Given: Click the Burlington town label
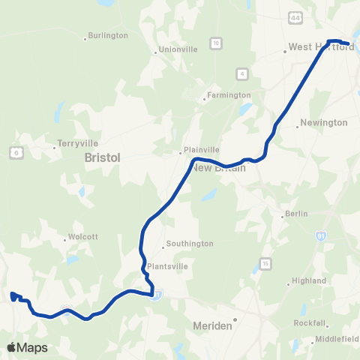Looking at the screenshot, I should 108,35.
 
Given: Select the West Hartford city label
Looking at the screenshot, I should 321,46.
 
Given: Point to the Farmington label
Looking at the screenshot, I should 229,95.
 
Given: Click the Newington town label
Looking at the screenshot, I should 323,122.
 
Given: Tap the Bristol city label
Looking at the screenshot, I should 103,157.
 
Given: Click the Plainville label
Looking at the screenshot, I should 202,149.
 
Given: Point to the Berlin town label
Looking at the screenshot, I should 297,214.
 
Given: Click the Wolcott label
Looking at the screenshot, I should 83,236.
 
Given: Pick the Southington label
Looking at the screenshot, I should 190,244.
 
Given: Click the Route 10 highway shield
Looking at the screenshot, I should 215,43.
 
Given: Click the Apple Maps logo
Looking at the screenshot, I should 26,347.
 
